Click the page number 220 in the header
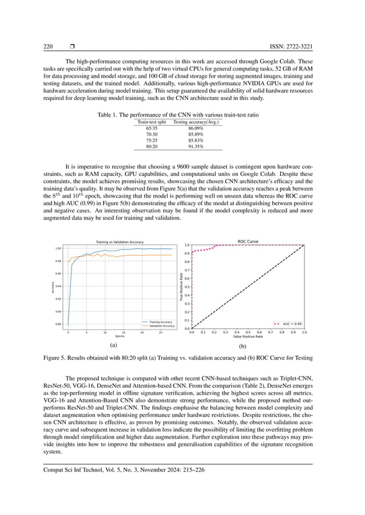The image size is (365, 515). [49, 46]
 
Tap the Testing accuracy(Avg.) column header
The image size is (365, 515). [196, 122]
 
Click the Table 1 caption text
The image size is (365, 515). [178, 115]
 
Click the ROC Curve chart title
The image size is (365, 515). [248, 242]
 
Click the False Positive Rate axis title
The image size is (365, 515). [248, 337]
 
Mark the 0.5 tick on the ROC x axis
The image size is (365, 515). [248, 332]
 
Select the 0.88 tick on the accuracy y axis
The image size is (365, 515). [58, 324]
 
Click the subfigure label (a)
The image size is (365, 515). [114, 345]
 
